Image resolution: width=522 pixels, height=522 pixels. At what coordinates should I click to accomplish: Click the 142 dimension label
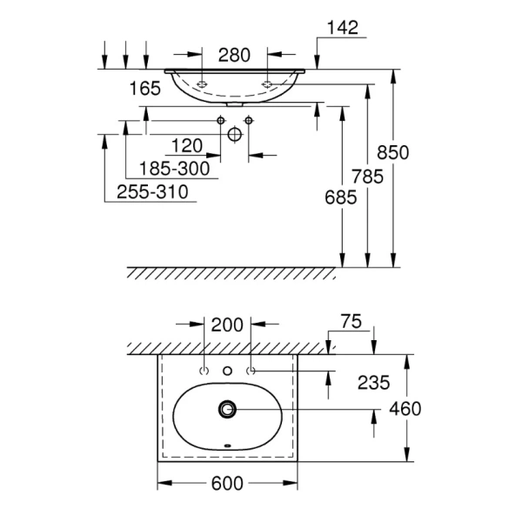coord(343,28)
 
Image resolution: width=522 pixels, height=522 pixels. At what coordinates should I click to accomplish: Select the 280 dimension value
coord(234,56)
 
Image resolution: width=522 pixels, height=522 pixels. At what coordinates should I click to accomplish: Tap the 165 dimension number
coord(144,89)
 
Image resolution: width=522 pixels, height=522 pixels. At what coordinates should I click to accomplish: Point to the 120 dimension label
coord(187,146)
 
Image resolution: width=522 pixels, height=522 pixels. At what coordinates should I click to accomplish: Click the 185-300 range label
coord(174,169)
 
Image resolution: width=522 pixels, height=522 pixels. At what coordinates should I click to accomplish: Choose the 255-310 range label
coord(152,192)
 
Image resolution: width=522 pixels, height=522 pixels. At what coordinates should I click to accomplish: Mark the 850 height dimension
coord(393,153)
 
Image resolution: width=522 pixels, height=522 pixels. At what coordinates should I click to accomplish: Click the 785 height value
coord(368,177)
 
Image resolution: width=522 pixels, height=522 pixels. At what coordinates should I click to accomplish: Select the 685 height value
coord(340,197)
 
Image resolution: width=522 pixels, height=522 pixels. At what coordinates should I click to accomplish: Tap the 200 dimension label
coord(227,325)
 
